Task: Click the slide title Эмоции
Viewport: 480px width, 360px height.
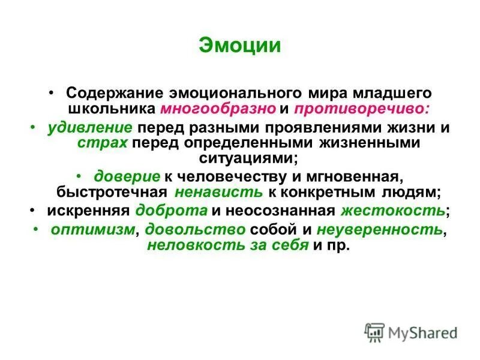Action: click(x=239, y=46)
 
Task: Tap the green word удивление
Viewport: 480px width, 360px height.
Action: click(x=90, y=128)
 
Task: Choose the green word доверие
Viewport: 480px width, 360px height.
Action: click(x=127, y=176)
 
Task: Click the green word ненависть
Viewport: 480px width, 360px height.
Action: click(x=219, y=192)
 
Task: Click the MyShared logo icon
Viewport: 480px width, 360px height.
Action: click(x=374, y=331)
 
